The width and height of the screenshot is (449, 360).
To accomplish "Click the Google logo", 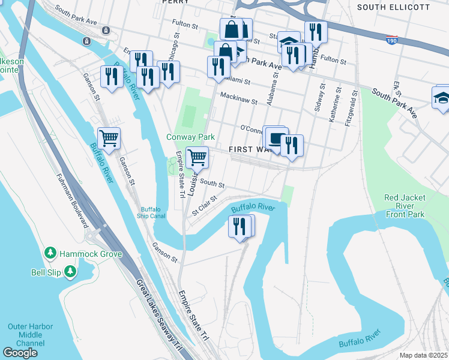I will pos(20,353).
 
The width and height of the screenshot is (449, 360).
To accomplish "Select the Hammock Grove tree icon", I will pos(51,254).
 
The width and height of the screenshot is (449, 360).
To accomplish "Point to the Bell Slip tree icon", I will pos(71,272).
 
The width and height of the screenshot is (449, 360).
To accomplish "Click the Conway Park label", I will pos(190,137).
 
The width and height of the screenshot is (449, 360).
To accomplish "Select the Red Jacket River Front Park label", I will pos(405,206).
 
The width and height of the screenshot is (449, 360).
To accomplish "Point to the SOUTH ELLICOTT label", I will pos(402,7).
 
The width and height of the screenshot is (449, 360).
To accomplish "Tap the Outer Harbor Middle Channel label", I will pos(30,335).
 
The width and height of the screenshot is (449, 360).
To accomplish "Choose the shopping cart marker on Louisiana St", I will pos(197,158).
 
